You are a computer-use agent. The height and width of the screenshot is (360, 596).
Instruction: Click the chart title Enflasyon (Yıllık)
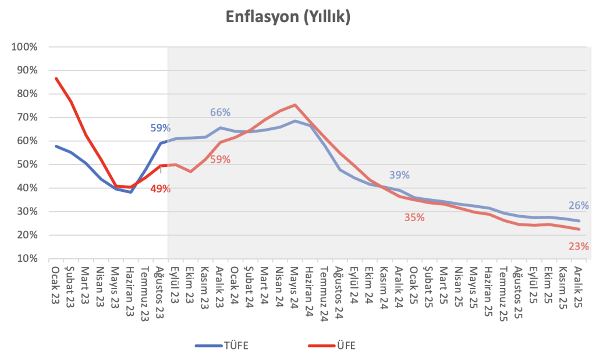coord(288,17)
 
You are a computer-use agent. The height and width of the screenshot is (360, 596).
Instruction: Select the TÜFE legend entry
coord(222,346)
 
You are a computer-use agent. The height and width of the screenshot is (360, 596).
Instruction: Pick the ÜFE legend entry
coord(332,346)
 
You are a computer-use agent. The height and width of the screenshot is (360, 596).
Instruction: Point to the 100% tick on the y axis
coord(24,47)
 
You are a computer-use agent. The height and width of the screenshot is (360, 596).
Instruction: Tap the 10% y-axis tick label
coord(27,259)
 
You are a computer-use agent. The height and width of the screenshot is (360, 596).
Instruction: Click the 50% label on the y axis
coord(27,165)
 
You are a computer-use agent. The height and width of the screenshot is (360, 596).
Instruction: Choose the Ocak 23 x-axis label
coord(55,285)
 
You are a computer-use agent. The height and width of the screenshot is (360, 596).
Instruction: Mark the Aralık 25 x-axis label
coord(578,287)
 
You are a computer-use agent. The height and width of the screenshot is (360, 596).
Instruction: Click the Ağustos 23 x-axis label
coord(160,292)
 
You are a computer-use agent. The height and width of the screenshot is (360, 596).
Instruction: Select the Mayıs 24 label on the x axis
coord(295,287)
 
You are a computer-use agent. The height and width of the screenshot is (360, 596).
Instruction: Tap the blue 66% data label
coord(220,112)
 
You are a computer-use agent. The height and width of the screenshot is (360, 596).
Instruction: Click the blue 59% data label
coord(161,128)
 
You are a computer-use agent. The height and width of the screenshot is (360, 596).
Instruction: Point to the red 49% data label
coord(161,189)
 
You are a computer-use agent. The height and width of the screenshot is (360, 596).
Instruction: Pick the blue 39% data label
coord(399,175)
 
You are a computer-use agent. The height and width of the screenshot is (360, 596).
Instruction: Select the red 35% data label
coord(414,218)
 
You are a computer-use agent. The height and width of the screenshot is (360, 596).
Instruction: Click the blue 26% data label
coord(579,206)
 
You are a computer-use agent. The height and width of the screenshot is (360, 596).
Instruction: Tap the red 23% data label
coord(579,247)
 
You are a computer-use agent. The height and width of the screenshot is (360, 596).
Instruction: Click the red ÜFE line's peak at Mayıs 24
coord(295,105)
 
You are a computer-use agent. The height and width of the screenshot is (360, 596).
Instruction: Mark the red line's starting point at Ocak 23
coord(56,79)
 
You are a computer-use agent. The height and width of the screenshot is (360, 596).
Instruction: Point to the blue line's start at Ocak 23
coord(56,146)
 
